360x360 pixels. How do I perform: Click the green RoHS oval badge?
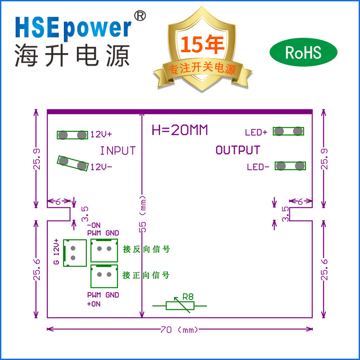[x=303, y=53]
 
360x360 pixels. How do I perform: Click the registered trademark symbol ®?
[x=140, y=16]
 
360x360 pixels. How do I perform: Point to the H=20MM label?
[x=180, y=130]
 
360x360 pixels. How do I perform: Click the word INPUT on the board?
[x=117, y=151]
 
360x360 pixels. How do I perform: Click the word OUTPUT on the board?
[x=238, y=150]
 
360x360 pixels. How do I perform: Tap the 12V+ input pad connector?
[x=72, y=135]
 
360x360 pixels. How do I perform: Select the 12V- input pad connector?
[x=72, y=163]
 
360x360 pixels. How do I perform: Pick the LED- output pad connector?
[x=290, y=166]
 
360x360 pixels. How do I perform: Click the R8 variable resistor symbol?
[x=180, y=305]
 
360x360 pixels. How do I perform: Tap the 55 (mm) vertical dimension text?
[x=143, y=214]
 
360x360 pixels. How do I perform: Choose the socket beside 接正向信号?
[x=104, y=275]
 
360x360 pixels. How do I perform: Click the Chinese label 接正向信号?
[x=146, y=275]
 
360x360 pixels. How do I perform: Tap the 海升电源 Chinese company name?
[x=72, y=56]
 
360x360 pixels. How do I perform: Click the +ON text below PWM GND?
[x=93, y=304]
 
